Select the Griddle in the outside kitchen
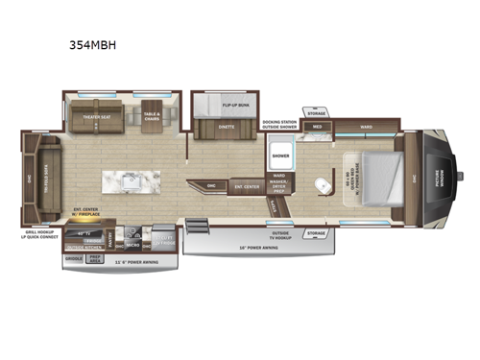[x=74, y=258]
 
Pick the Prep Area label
[x=94, y=257]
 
